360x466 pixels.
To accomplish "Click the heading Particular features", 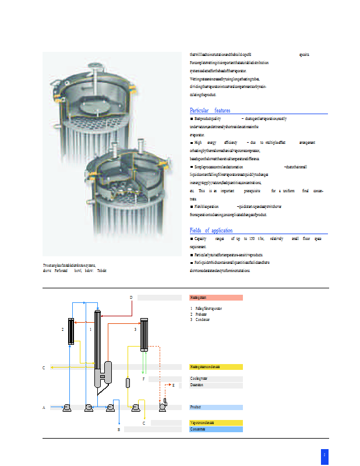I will pos(210,111).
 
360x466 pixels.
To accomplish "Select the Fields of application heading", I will pos(211,231).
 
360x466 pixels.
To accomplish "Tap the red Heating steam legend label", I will pos(216,298).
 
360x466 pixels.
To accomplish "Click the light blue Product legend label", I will pos(216,407).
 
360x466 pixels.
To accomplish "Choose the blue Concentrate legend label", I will pos(216,429).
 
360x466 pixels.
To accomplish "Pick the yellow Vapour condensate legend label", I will pos(216,422).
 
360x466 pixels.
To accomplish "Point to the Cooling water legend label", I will pos(216,379).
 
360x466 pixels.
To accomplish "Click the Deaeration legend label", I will pos(216,386).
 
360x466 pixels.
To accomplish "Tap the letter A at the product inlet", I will pos(44,408).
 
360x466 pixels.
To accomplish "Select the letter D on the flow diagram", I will pos(130,298).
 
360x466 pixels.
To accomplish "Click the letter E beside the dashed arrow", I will pos(173,386).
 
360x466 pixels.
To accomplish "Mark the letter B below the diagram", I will pos(118,429).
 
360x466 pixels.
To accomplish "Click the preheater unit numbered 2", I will pos(71,332).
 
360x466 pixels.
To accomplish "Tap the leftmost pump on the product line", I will pos(67,407).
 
